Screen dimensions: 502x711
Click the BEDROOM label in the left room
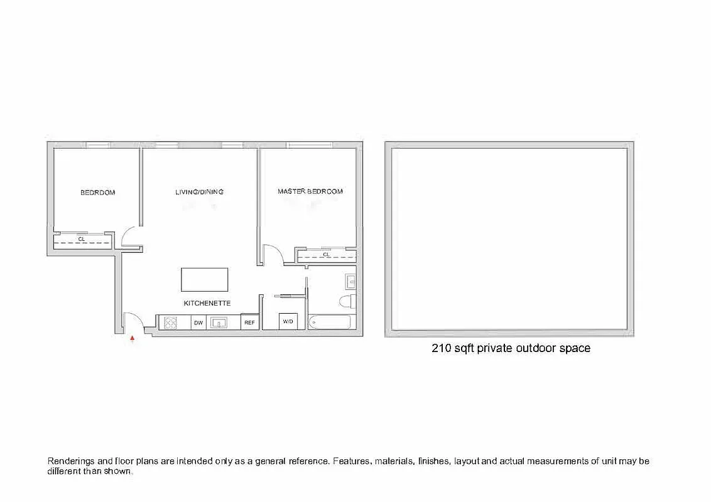(97, 193)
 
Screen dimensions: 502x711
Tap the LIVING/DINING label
(199, 192)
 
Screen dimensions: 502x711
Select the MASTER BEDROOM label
(310, 191)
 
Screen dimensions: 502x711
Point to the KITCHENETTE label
(207, 303)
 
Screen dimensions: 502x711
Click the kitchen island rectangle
(205, 279)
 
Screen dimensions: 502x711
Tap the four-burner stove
(170, 323)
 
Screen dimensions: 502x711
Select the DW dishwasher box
(198, 323)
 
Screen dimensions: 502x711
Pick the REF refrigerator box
(249, 323)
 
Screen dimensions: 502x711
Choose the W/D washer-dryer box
(288, 322)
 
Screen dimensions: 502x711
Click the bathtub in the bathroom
(329, 323)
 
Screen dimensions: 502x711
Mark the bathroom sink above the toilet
(350, 280)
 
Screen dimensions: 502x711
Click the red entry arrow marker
(132, 338)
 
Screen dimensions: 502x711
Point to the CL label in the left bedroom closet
(82, 239)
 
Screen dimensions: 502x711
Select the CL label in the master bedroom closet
(326, 255)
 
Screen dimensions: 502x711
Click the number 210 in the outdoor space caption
(442, 348)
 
